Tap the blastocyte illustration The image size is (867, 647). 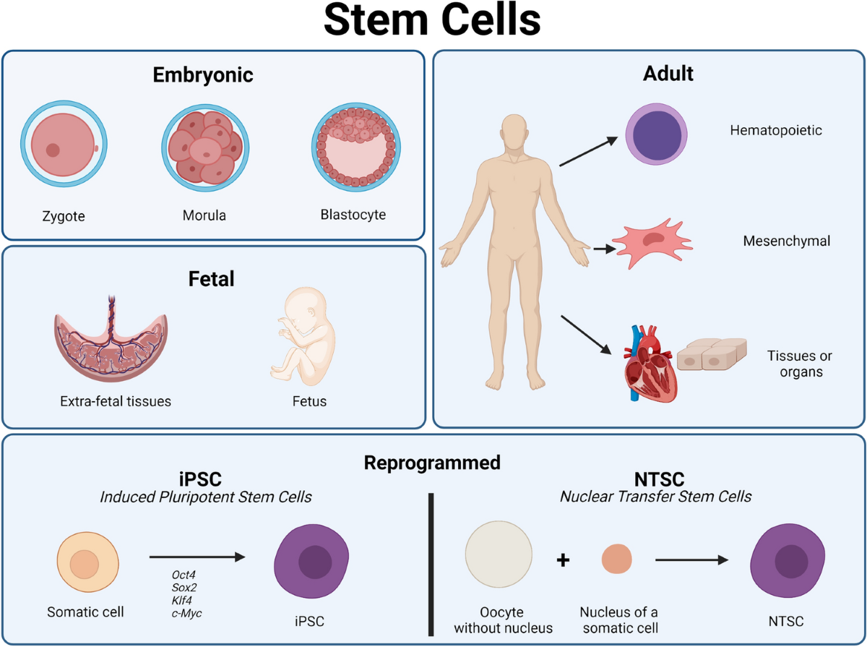tap(354, 148)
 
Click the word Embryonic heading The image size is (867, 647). tap(203, 74)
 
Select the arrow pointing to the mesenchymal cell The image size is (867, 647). tap(602, 249)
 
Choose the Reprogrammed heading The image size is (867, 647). tap(432, 462)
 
